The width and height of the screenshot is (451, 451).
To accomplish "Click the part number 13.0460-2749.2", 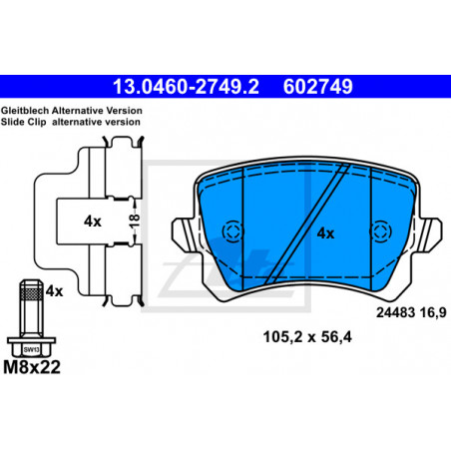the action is tap(186, 87).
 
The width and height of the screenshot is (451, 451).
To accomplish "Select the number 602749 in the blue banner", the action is tap(317, 87).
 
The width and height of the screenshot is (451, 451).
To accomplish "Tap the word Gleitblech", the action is tap(25, 111).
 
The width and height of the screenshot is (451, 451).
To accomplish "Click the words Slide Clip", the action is tap(23, 122).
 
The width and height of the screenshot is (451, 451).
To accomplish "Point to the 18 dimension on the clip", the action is tap(135, 221).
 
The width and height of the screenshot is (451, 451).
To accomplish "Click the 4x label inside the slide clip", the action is tap(93, 222).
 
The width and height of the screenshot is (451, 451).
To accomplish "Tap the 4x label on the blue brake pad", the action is tap(325, 233).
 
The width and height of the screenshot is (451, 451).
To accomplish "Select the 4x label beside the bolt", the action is tap(54, 291).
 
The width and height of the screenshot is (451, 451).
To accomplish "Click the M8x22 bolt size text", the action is tap(32, 367).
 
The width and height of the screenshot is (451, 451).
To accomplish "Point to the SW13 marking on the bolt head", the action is tap(32, 349).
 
